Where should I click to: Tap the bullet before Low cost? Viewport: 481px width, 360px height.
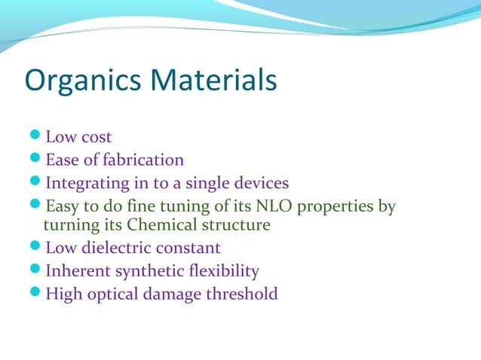pyautogui.click(x=36, y=136)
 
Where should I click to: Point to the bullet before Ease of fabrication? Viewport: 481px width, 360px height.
pyautogui.click(x=36, y=159)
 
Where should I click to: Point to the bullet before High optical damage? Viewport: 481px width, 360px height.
pyautogui.click(x=36, y=292)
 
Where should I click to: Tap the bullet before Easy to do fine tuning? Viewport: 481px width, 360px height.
pyautogui.click(x=36, y=205)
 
